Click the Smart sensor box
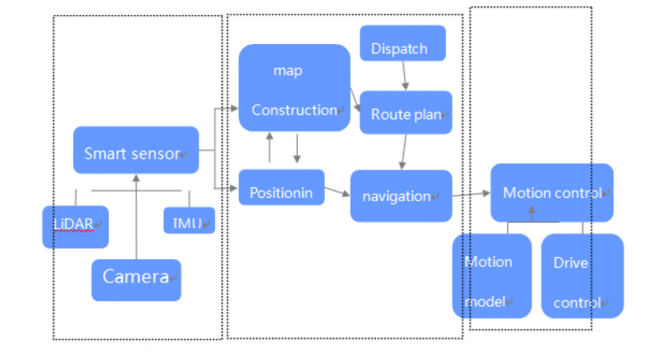point(136,150)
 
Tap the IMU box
point(188,221)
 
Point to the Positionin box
point(281,188)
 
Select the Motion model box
point(491,276)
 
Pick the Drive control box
point(581,276)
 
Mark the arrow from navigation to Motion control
point(471,194)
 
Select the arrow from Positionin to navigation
point(337,190)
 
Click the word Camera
point(135,277)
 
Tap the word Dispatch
point(399,49)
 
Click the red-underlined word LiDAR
point(73,223)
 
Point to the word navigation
point(396,196)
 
